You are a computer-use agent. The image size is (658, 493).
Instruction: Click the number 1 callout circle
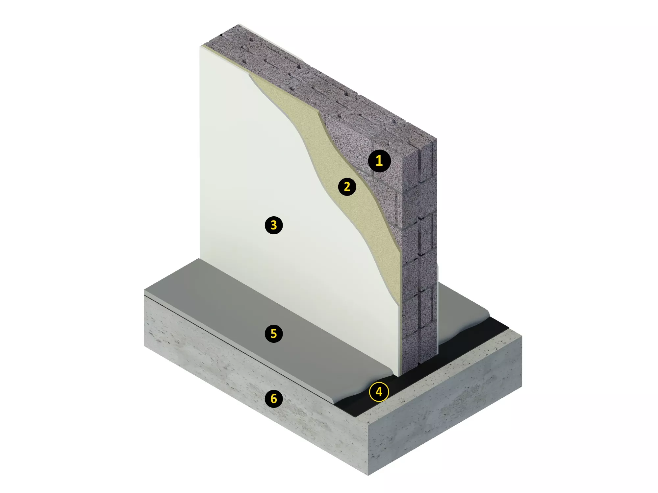coord(379,161)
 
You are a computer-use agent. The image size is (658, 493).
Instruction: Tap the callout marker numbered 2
coord(347,187)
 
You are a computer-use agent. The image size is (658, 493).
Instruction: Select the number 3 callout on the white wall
coord(274,225)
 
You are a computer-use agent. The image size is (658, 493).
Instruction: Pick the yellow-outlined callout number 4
coord(379,392)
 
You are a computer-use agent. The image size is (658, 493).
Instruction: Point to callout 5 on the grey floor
coord(274,334)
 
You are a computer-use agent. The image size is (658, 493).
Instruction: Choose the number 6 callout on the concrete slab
coord(274,399)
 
